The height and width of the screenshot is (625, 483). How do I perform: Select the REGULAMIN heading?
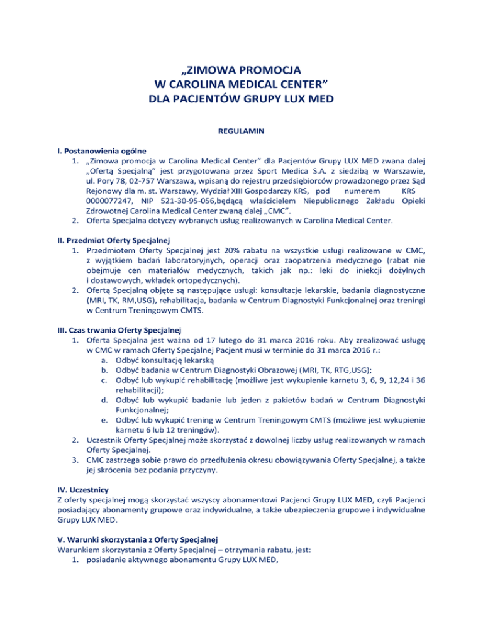tap(241, 134)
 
